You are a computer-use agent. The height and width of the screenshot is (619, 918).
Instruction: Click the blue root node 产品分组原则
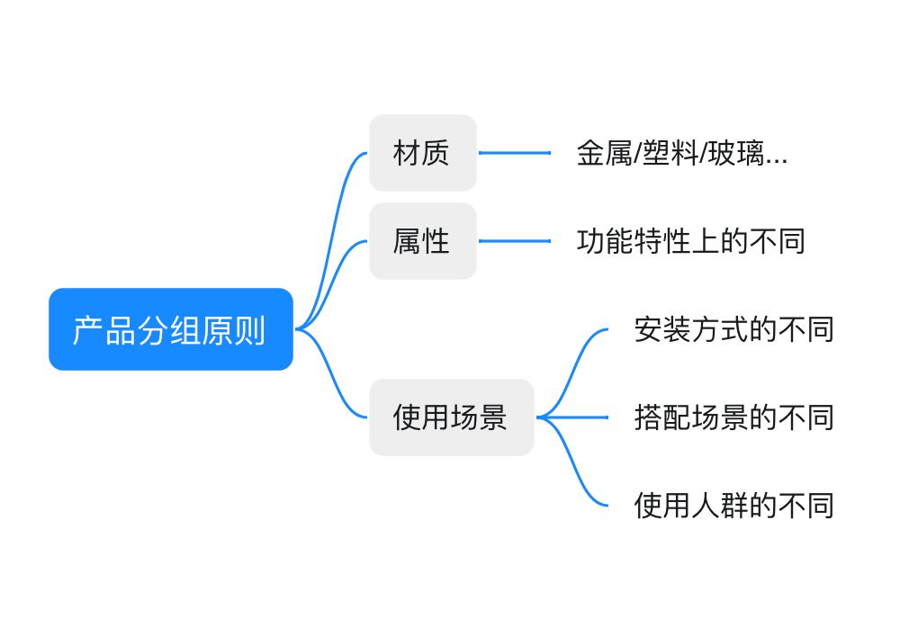pyautogui.click(x=171, y=329)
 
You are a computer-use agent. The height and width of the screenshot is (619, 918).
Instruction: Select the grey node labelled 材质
pyautogui.click(x=423, y=153)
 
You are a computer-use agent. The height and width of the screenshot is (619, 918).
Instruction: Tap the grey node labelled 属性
pyautogui.click(x=423, y=241)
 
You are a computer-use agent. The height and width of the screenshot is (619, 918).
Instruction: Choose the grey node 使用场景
pyautogui.click(x=452, y=417)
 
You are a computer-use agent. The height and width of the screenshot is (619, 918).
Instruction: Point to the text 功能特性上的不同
pyautogui.click(x=691, y=241)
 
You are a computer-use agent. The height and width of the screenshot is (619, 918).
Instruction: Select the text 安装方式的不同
pyautogui.click(x=734, y=329)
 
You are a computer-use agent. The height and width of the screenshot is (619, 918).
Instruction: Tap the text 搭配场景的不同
pyautogui.click(x=734, y=417)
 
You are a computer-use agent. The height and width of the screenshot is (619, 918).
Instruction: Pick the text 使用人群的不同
pyautogui.click(x=734, y=506)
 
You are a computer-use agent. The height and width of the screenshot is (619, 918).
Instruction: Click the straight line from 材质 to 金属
pyautogui.click(x=515, y=153)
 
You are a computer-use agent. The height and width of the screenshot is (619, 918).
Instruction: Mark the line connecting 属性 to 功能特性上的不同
pyautogui.click(x=515, y=241)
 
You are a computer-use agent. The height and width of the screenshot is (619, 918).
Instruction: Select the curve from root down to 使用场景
pyautogui.click(x=331, y=374)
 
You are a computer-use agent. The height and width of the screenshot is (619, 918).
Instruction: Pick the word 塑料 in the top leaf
pyautogui.click(x=670, y=153)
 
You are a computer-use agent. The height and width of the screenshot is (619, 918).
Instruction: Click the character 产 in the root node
pyautogui.click(x=88, y=330)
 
